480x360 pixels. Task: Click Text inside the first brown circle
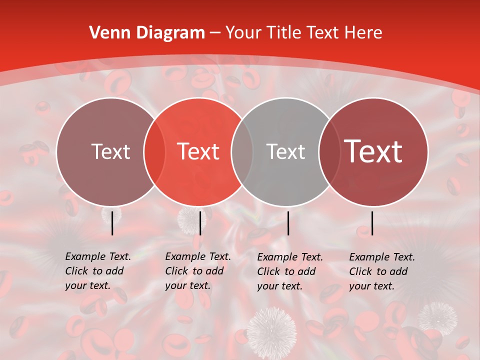(x=111, y=151)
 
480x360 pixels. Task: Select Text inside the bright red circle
(x=198, y=151)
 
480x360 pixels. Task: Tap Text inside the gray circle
(x=285, y=151)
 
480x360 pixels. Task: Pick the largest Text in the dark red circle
(x=373, y=151)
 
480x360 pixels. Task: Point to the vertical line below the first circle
(x=112, y=223)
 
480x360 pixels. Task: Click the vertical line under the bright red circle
(x=200, y=223)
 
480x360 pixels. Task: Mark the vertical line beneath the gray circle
(x=288, y=223)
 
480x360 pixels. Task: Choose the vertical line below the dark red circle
(x=372, y=223)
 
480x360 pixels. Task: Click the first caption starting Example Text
(x=97, y=271)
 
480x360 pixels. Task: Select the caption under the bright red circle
(x=197, y=271)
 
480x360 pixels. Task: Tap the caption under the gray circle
(x=289, y=271)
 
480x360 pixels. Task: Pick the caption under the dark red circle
(x=381, y=271)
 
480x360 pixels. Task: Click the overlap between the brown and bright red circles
(x=154, y=151)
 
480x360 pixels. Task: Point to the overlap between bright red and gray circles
(x=242, y=151)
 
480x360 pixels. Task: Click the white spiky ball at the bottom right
(x=437, y=317)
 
